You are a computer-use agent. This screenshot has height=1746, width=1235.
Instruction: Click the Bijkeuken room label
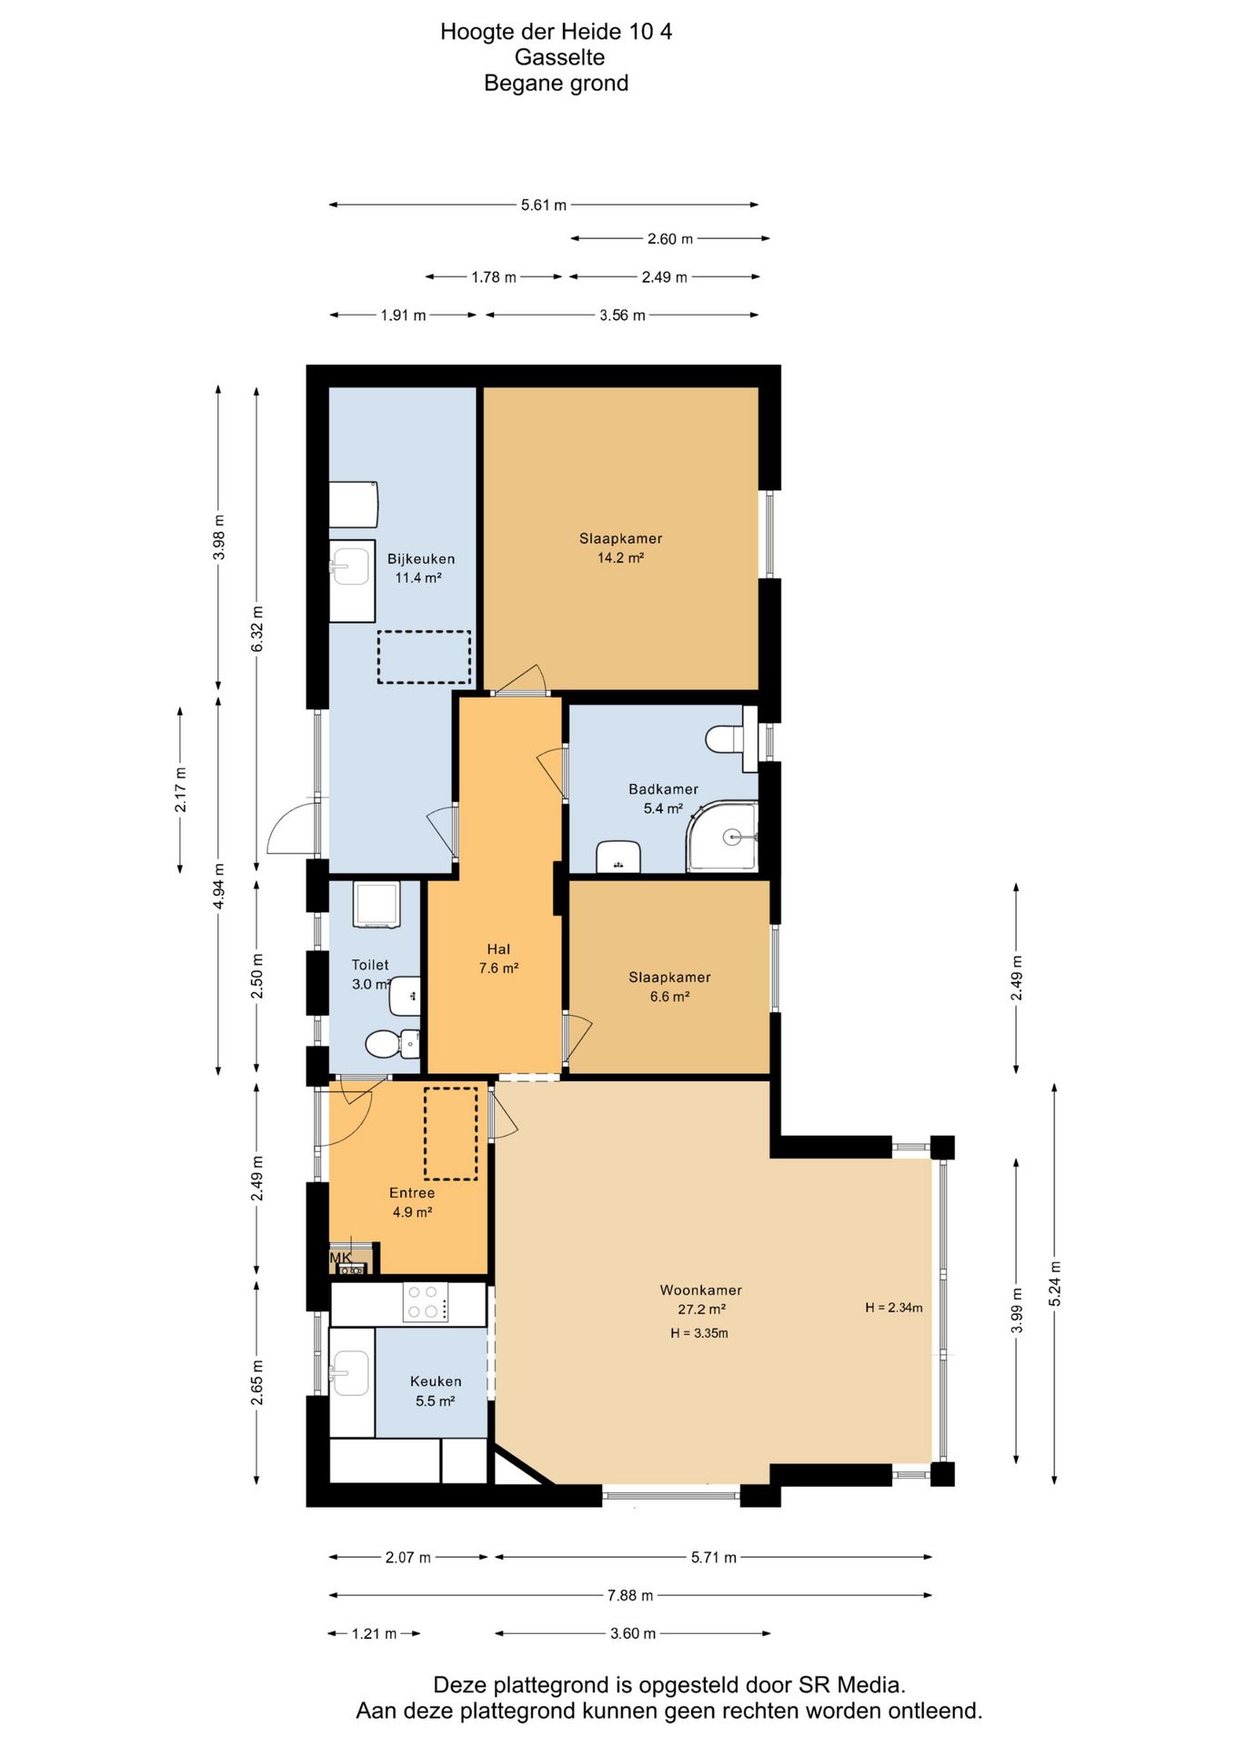420,558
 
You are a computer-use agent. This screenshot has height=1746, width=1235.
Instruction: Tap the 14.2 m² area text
620,557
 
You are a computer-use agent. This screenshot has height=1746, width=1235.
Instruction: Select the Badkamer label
663,789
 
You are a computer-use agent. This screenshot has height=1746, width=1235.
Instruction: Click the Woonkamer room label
700,1289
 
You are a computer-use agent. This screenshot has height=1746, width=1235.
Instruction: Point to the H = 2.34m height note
893,1308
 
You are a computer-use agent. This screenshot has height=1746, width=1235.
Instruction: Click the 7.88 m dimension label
630,1595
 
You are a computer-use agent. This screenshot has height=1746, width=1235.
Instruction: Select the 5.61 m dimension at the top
544,205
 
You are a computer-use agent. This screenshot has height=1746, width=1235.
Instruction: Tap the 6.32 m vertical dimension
257,628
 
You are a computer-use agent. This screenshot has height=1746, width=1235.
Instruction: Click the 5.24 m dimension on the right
1055,1284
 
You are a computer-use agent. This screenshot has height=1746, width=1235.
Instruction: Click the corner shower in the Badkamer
723,837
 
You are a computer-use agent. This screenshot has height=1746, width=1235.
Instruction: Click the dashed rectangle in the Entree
450,1134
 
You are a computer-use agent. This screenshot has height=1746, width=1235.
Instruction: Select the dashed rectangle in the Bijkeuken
424,657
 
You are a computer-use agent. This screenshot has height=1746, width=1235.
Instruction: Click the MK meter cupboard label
340,1258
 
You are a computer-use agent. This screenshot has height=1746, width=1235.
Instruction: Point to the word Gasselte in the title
559,57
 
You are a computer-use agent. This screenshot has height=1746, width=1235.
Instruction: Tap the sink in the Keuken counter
351,1373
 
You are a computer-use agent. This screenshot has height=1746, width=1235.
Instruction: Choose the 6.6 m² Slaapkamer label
669,997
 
